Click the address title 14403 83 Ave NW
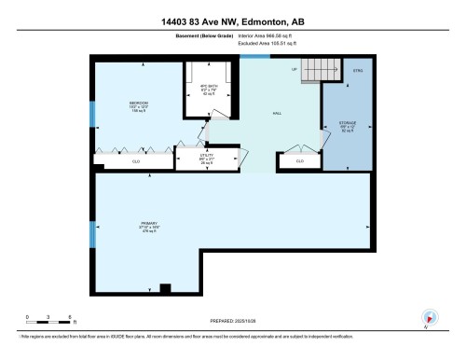(232, 21)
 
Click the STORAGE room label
(347, 123)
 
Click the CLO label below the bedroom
(135, 160)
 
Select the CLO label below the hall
(299, 160)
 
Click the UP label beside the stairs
(294, 70)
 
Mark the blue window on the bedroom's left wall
(92, 113)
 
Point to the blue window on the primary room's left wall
(92, 230)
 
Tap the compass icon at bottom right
(430, 318)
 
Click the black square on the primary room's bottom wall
(164, 287)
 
